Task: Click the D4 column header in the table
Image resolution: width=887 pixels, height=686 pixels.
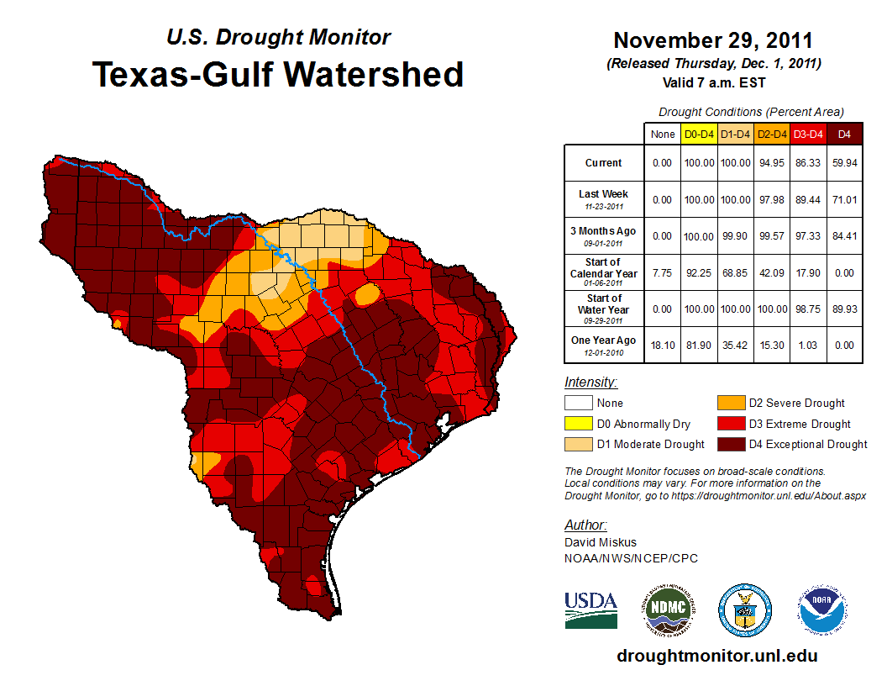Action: pyautogui.click(x=844, y=135)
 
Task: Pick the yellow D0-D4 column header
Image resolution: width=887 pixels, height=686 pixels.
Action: pyautogui.click(x=698, y=135)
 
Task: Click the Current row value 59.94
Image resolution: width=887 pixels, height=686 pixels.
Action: pyautogui.click(x=844, y=163)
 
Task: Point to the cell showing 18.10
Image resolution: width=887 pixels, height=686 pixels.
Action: pyautogui.click(x=663, y=345)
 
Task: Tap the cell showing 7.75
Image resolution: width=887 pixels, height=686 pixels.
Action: pyautogui.click(x=663, y=273)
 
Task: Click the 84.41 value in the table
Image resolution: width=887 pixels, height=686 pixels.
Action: pyautogui.click(x=844, y=235)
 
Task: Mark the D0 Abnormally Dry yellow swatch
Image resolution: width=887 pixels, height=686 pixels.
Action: pyautogui.click(x=577, y=424)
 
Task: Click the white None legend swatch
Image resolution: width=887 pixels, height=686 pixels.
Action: pyautogui.click(x=577, y=404)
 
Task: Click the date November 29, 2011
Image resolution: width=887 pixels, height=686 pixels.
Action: pyautogui.click(x=713, y=40)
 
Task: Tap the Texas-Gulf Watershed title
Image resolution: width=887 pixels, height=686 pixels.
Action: pyautogui.click(x=278, y=74)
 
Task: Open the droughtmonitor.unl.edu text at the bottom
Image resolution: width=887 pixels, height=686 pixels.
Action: pyautogui.click(x=716, y=656)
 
